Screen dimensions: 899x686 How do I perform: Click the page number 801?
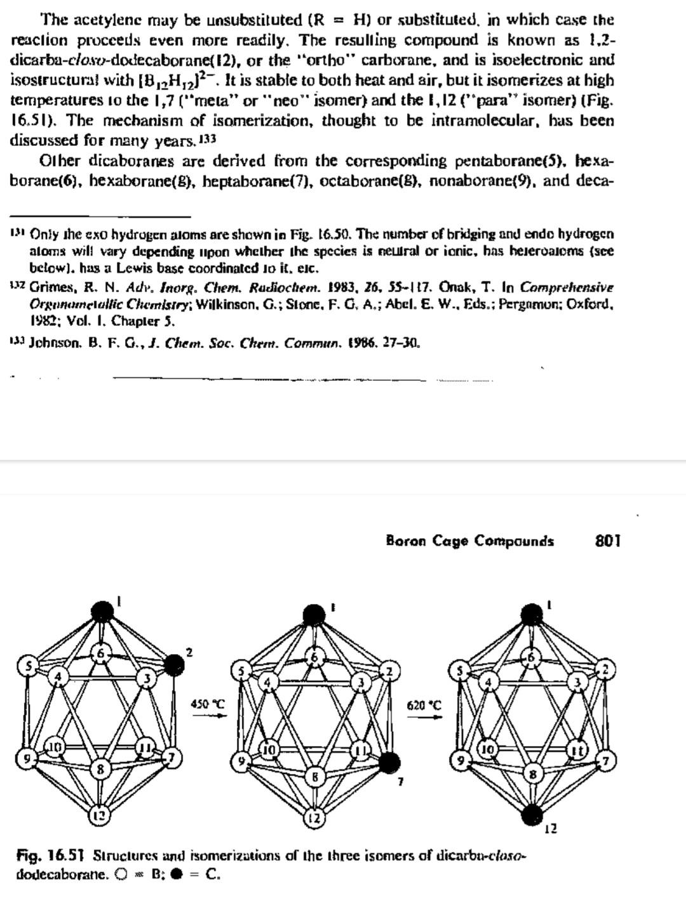pyautogui.click(x=608, y=541)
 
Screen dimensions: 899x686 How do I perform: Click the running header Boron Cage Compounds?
pyautogui.click(x=469, y=541)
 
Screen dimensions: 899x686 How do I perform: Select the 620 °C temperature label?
pyautogui.click(x=424, y=705)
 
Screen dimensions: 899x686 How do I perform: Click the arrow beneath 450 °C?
pyautogui.click(x=208, y=716)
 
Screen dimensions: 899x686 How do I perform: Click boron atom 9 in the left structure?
pyautogui.click(x=26, y=758)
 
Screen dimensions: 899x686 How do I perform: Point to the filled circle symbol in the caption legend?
pyautogui.click(x=178, y=874)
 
